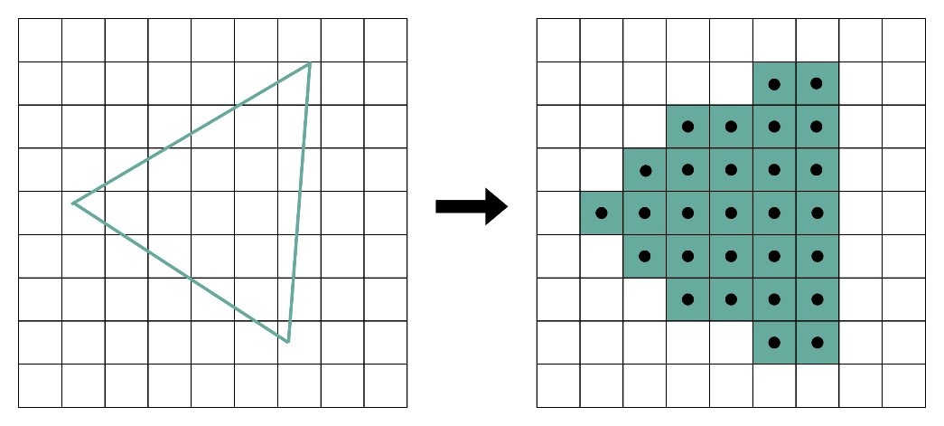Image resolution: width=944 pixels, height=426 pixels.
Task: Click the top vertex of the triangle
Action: click(x=310, y=62)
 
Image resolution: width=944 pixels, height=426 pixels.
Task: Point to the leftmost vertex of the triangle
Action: click(x=73, y=203)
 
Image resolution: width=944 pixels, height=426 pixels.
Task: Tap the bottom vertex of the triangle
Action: click(x=287, y=342)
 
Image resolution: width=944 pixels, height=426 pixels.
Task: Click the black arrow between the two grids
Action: click(x=472, y=206)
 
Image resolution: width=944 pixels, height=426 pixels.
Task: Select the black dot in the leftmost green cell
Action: click(x=602, y=213)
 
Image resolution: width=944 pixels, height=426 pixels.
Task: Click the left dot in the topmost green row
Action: click(x=774, y=84)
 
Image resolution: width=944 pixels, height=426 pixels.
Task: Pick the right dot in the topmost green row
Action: click(x=817, y=84)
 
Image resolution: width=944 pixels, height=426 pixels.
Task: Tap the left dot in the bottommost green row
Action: click(x=774, y=343)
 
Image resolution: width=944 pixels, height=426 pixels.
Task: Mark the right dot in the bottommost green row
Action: click(x=817, y=343)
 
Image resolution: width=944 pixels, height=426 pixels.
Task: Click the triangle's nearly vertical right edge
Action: click(x=299, y=202)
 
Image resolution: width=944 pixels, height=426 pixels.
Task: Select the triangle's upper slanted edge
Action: click(x=192, y=133)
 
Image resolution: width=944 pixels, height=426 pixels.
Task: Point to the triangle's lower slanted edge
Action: click(x=181, y=272)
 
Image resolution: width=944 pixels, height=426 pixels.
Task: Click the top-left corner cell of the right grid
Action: click(x=558, y=41)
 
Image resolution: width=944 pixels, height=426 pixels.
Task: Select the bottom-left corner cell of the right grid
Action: click(x=558, y=385)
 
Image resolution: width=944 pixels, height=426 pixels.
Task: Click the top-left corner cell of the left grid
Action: click(x=41, y=41)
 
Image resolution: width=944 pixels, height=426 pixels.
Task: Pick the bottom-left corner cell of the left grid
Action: click(x=41, y=385)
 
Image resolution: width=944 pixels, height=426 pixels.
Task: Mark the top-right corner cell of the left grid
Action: click(x=386, y=41)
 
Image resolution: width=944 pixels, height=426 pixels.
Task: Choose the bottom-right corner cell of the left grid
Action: click(x=386, y=385)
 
